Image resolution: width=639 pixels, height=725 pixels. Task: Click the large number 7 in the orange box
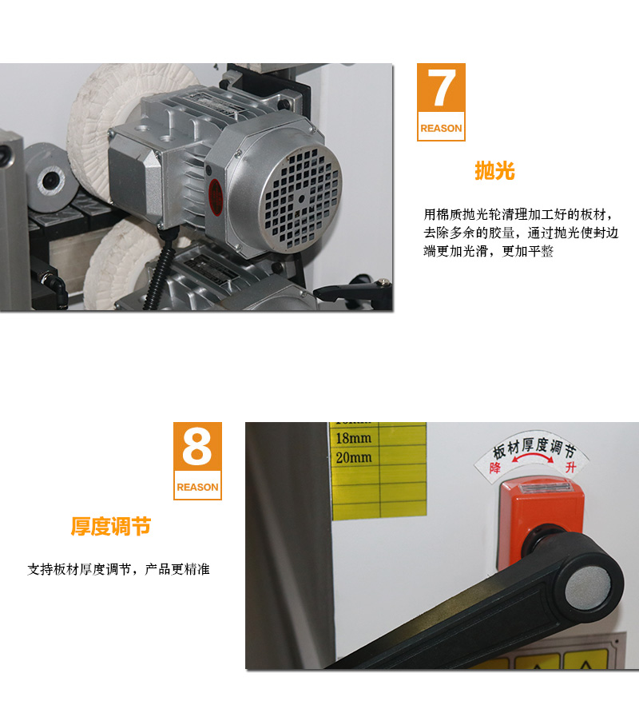pyautogui.click(x=441, y=91)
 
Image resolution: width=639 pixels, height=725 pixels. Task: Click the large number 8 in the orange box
pyautogui.click(x=197, y=449)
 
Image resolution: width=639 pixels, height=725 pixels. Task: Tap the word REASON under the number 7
pyautogui.click(x=441, y=128)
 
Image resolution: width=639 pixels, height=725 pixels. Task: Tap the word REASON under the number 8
pyautogui.click(x=197, y=487)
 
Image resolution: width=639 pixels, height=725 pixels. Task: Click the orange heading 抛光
pyautogui.click(x=494, y=171)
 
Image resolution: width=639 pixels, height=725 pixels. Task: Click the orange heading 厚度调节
pyautogui.click(x=110, y=527)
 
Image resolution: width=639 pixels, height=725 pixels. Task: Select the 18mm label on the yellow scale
pyautogui.click(x=354, y=440)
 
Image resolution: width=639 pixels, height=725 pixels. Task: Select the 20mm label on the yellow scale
pyautogui.click(x=354, y=458)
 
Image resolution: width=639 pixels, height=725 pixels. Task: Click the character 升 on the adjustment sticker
pyautogui.click(x=570, y=468)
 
